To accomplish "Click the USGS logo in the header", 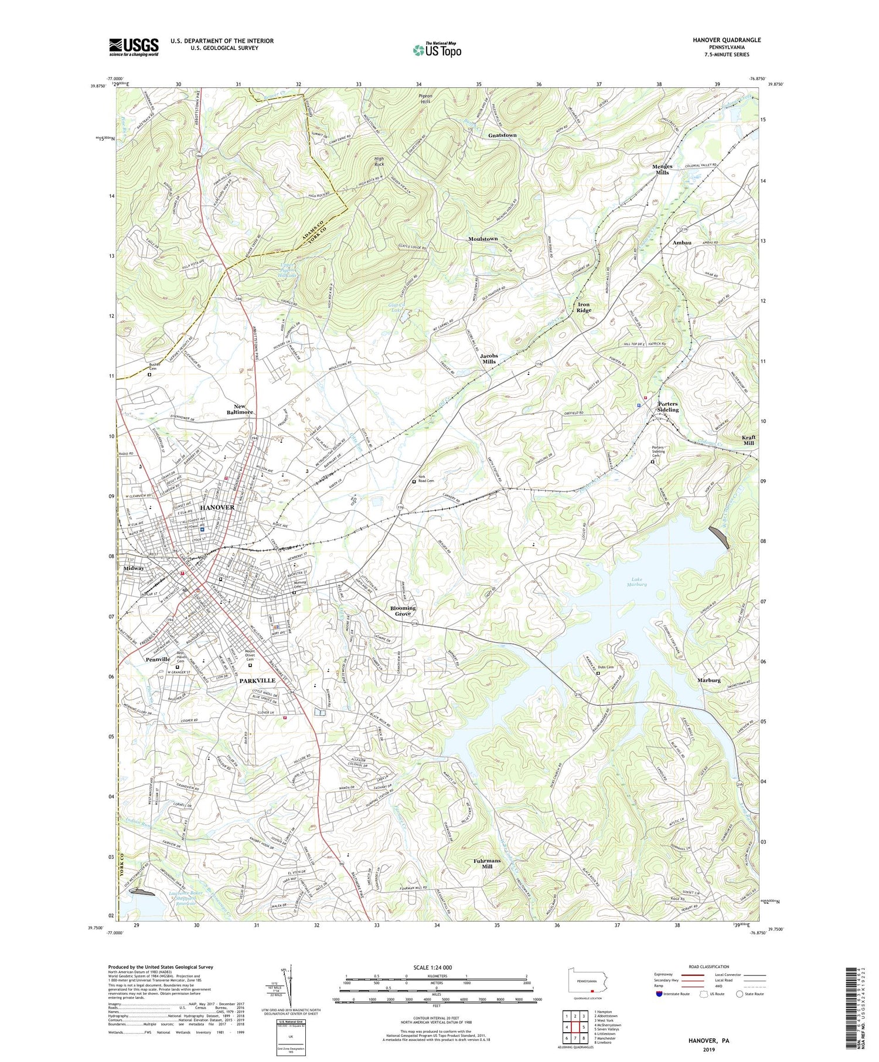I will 134,47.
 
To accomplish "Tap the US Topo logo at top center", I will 437,50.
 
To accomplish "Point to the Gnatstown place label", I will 502,135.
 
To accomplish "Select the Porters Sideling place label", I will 667,407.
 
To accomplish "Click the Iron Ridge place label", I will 584,307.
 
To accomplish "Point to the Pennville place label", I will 158,660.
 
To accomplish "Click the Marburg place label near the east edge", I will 709,680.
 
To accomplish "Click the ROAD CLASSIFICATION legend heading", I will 709,967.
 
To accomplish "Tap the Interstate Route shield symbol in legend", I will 659,994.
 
